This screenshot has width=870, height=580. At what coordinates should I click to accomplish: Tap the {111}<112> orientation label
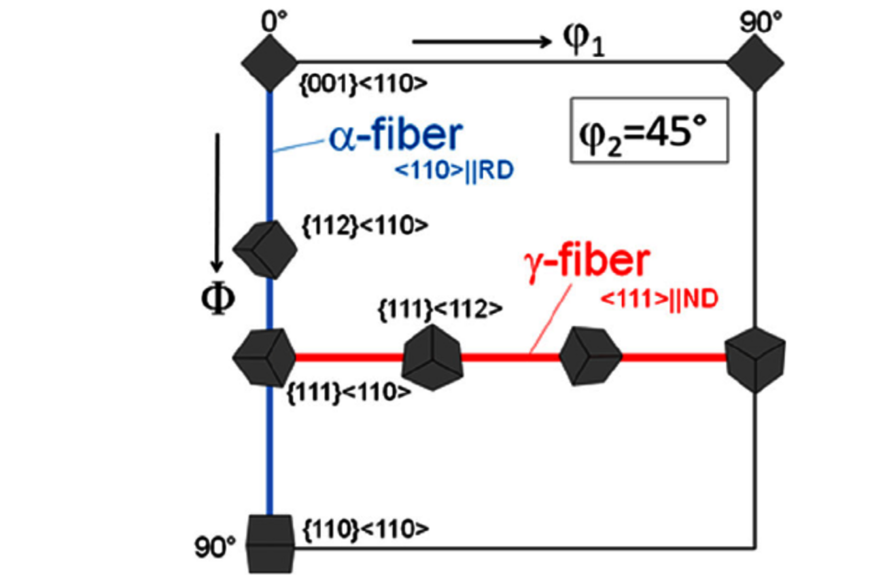click(440, 308)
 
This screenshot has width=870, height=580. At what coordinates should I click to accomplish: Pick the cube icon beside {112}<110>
click(266, 249)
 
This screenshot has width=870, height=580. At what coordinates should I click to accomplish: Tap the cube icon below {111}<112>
click(434, 357)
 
